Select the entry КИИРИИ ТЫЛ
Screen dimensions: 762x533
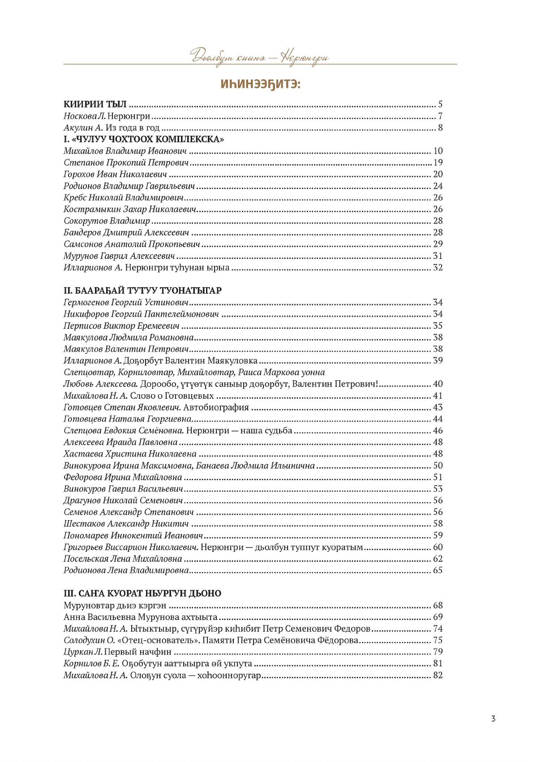(x=95, y=105)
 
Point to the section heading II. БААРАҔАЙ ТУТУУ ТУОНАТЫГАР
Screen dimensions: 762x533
(x=142, y=290)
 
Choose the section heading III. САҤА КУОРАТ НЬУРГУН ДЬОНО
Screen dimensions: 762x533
(x=142, y=593)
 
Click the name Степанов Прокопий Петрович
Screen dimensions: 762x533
(x=126, y=163)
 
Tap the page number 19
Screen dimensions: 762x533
(x=438, y=163)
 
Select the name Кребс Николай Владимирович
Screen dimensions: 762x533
(x=124, y=198)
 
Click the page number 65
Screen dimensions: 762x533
(x=438, y=570)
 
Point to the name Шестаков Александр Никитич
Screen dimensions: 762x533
(x=126, y=524)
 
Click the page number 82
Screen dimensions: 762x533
(x=438, y=675)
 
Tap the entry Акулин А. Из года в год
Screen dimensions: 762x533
(x=112, y=128)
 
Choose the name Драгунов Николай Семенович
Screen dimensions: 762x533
(x=123, y=500)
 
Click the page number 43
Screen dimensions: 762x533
(x=438, y=407)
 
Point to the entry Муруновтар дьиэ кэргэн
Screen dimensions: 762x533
(x=115, y=605)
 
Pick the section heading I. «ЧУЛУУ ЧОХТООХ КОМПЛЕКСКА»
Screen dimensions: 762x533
(x=144, y=139)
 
